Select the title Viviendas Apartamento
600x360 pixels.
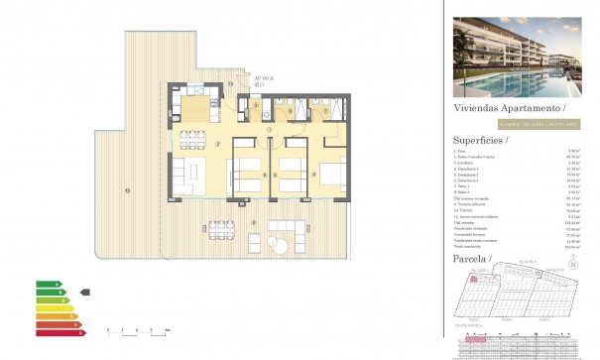[x=507, y=107]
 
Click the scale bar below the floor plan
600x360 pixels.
[x=138, y=329]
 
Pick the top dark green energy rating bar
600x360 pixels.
[x=47, y=285]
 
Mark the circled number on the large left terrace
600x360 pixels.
[x=127, y=190]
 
